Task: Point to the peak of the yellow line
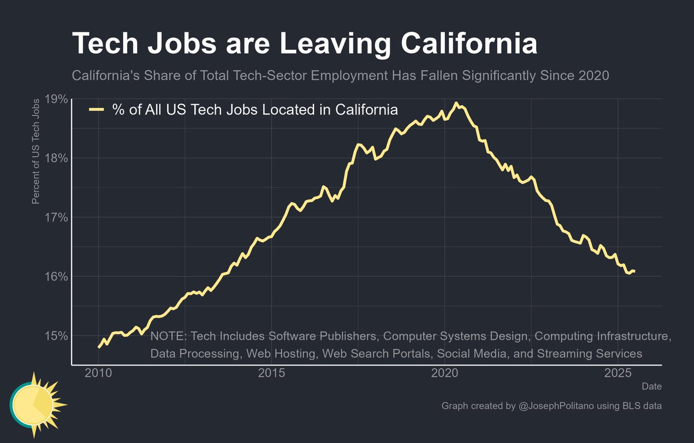(x=456, y=104)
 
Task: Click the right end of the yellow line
(x=634, y=271)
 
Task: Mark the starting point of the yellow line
(x=99, y=347)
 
